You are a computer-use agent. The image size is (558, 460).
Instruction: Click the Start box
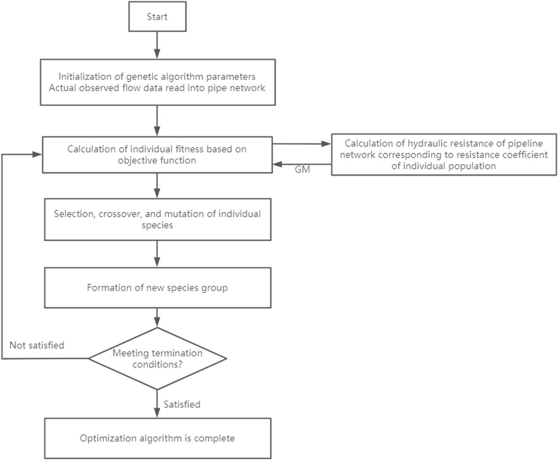[x=157, y=16]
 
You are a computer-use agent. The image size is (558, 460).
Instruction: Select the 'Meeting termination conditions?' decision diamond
[x=157, y=358]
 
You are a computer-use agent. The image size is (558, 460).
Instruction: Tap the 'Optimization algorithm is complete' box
[x=157, y=438]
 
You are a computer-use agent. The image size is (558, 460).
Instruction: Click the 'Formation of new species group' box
[x=157, y=288]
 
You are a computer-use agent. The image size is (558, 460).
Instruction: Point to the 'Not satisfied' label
[x=37, y=345]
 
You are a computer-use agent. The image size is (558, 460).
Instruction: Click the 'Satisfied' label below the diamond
[x=182, y=404]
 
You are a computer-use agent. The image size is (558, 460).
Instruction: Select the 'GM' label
[x=302, y=169]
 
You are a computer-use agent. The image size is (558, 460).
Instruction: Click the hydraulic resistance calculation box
[x=443, y=155]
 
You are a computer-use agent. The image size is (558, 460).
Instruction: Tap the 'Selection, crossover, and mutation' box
[x=157, y=219]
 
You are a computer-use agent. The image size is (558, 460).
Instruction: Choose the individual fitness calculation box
[x=157, y=155]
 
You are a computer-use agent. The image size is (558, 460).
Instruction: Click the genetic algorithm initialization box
[x=157, y=82]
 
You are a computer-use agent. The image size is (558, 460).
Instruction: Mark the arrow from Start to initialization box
[x=157, y=45]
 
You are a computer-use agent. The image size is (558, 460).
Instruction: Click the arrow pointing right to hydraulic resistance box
[x=302, y=144]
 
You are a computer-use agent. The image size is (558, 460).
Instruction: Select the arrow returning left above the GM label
[x=302, y=164]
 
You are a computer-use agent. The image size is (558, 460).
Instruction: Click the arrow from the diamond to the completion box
[x=157, y=404]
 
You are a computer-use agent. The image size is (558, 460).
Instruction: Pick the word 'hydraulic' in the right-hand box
[x=427, y=143]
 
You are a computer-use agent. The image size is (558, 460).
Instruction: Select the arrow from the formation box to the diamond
[x=157, y=317]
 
